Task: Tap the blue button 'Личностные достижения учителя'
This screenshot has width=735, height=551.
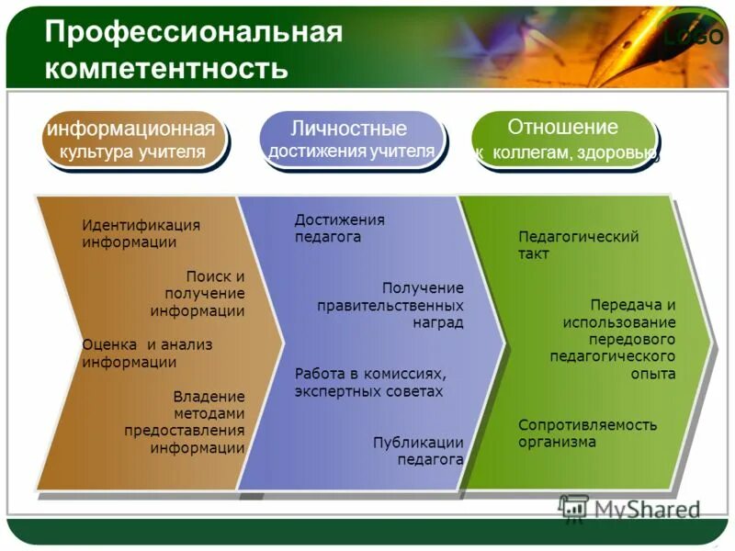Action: click(x=350, y=140)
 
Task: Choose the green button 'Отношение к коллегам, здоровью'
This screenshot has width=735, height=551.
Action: click(x=563, y=140)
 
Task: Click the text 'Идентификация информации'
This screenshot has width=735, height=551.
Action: click(x=141, y=234)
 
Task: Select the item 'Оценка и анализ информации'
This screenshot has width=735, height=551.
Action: click(x=147, y=354)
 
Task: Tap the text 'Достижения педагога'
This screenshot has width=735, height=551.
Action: click(x=339, y=229)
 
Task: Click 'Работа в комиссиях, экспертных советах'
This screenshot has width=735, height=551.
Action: click(x=369, y=383)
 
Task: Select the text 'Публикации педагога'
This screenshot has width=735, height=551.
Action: click(x=418, y=451)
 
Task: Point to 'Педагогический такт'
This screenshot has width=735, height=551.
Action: click(x=578, y=245)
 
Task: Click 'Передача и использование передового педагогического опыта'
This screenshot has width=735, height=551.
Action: click(x=614, y=339)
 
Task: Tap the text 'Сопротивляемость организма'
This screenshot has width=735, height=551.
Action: click(x=587, y=433)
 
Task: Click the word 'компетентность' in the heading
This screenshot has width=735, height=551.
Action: click(x=166, y=68)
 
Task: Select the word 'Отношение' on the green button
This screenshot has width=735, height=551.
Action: click(x=563, y=128)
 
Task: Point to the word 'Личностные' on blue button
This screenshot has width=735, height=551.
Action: click(x=349, y=129)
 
